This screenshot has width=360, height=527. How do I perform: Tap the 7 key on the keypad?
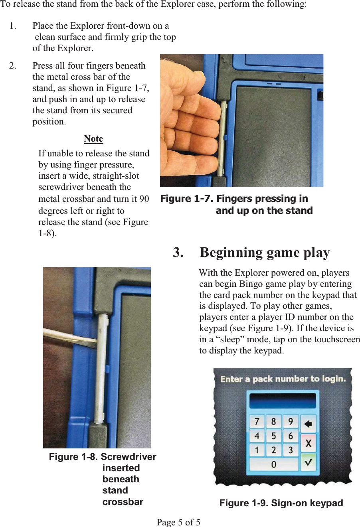[257, 422]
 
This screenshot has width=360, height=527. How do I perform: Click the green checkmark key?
[308, 463]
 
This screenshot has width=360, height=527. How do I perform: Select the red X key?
[308, 443]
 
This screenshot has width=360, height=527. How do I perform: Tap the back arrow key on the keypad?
[308, 423]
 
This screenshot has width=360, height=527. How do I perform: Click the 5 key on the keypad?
[274, 436]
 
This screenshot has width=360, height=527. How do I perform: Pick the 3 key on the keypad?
[291, 450]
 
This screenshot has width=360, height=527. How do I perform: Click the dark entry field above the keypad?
[283, 400]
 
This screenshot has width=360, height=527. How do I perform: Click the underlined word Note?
[93, 139]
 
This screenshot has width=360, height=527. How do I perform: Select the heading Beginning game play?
[265, 253]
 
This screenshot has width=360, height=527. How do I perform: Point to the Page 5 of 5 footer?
[178, 522]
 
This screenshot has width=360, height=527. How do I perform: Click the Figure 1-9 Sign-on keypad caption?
[281, 503]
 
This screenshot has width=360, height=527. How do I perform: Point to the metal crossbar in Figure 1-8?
[101, 367]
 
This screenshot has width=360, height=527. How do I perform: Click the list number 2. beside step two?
[13, 66]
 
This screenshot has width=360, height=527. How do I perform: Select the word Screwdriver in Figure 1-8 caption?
[128, 457]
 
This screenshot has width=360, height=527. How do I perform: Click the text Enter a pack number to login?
[283, 379]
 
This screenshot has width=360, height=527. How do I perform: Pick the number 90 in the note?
[144, 199]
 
